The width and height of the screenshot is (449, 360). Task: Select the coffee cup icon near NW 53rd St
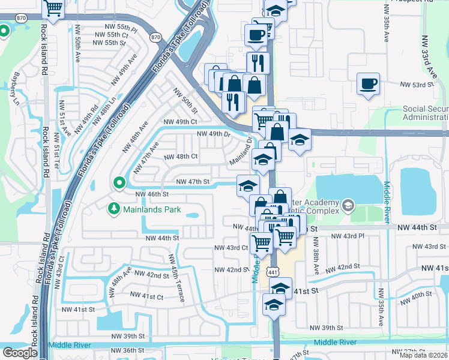point(368,83)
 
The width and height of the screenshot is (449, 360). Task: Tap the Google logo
point(19,353)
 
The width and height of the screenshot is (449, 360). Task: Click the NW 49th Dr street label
point(213,134)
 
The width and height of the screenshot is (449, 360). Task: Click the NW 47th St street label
point(192,181)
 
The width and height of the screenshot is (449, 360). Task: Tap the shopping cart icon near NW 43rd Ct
point(261,244)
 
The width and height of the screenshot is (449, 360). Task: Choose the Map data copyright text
point(424,355)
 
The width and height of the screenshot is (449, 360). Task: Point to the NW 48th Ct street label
point(181,157)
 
